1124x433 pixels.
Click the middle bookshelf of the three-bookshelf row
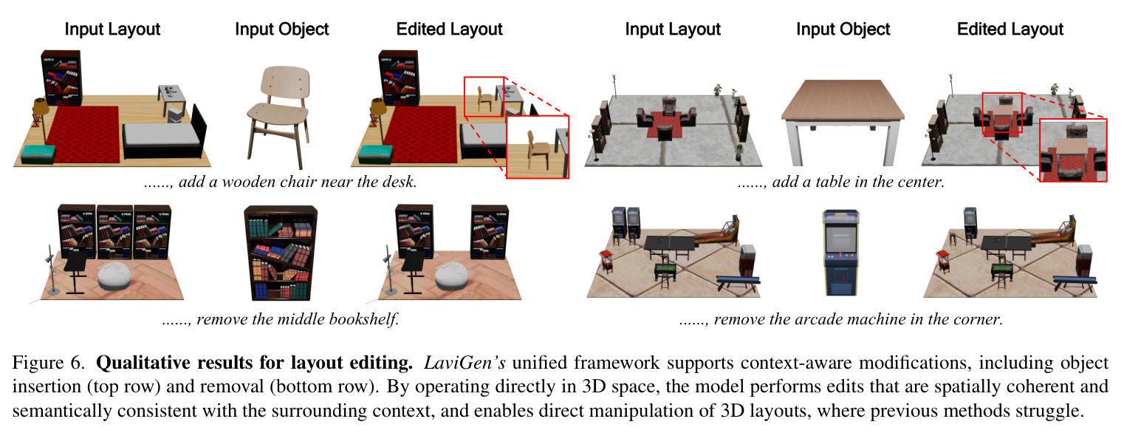[115, 231]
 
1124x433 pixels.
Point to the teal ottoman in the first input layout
[38, 154]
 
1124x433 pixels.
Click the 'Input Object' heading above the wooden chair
[282, 29]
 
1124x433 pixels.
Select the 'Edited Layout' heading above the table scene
[1010, 29]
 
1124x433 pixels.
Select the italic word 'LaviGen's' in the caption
[465, 362]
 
